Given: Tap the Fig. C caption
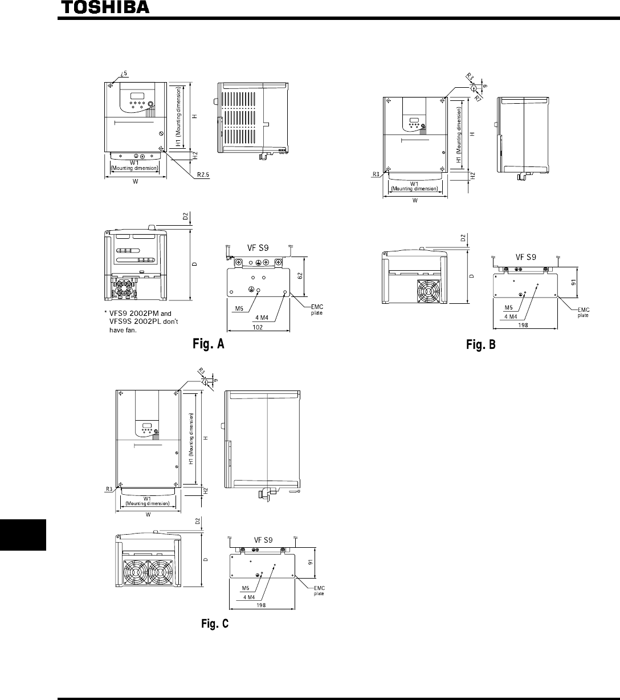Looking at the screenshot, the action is click(x=215, y=624).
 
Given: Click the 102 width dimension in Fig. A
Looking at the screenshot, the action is click(x=258, y=327).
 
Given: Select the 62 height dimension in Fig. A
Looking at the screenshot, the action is click(x=308, y=276).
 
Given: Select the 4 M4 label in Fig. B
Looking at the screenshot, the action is click(x=511, y=315).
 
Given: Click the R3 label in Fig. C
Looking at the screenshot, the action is click(x=108, y=489).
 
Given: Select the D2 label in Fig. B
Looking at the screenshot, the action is click(x=463, y=238).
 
